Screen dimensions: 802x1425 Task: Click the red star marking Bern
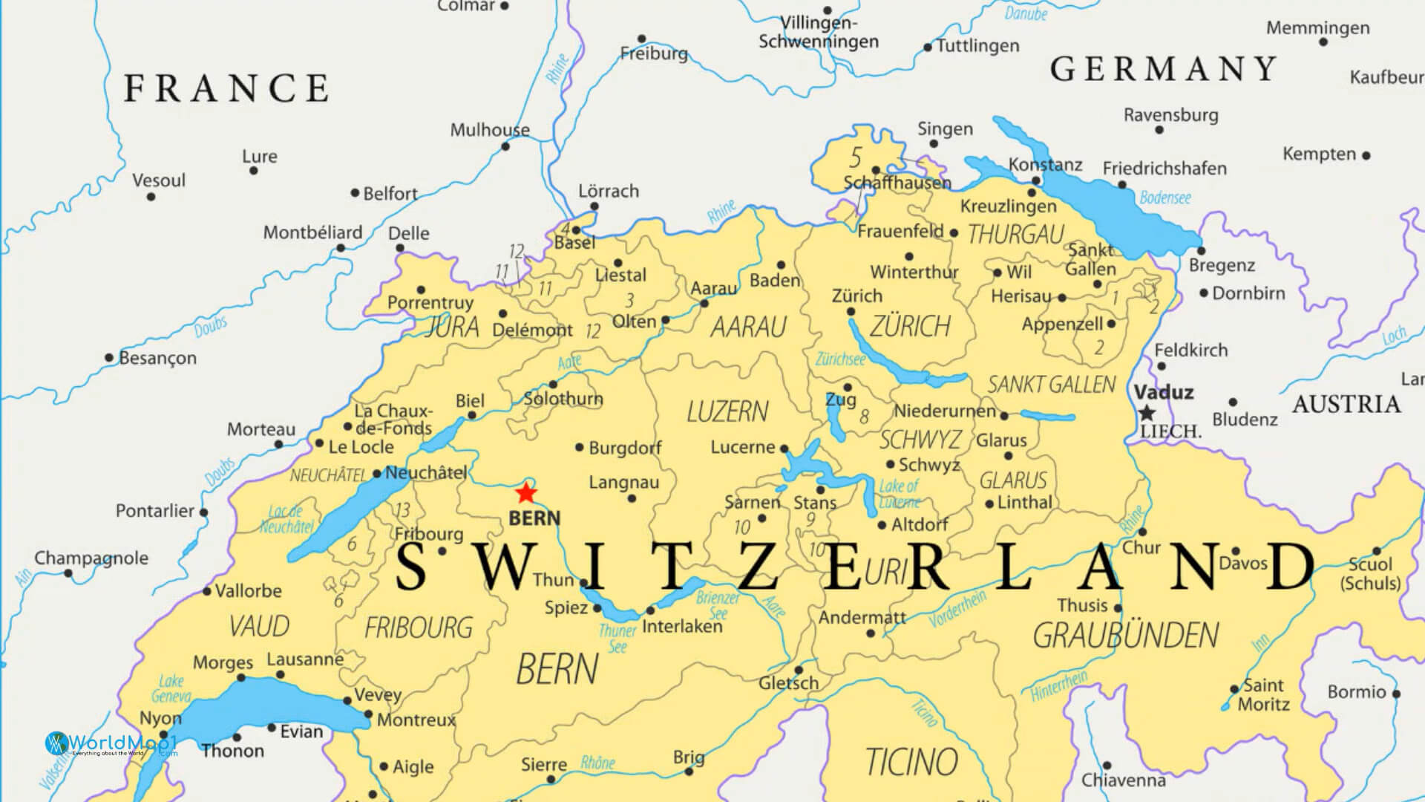(525, 492)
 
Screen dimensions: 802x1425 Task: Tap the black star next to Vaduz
(1147, 413)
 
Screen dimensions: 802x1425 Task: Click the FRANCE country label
(226, 88)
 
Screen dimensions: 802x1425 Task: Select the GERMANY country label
(1163, 70)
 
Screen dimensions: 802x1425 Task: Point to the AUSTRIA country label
(1346, 405)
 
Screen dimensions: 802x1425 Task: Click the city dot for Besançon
(109, 358)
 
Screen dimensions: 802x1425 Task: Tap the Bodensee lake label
(1164, 198)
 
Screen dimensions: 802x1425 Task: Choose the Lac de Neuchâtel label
(286, 519)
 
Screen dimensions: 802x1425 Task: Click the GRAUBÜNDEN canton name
(1125, 636)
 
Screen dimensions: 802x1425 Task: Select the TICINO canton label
(911, 762)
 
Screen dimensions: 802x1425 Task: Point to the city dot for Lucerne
(784, 449)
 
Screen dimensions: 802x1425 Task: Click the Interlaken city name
(681, 626)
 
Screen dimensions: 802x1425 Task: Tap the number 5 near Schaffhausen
(855, 157)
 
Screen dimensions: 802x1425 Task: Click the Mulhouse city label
(490, 130)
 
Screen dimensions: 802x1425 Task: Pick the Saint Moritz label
(1263, 694)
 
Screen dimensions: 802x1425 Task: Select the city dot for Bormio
(1396, 694)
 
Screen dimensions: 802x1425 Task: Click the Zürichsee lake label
(840, 359)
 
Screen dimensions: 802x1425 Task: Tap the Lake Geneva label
(171, 688)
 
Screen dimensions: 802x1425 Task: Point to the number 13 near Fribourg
(402, 510)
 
